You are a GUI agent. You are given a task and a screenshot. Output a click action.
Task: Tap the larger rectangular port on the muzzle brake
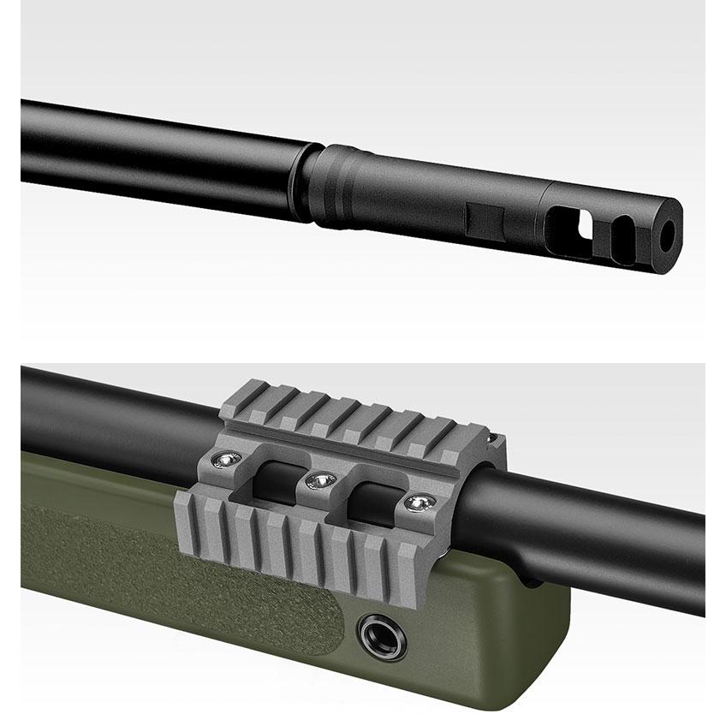[567, 223]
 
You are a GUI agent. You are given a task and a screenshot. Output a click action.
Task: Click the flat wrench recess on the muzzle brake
[483, 220]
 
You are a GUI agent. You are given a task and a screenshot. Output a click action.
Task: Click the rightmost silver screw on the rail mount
[417, 503]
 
